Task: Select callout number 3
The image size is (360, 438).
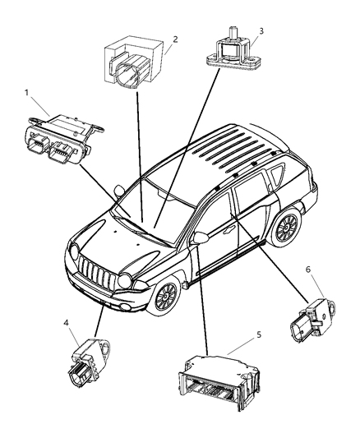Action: [x=261, y=30]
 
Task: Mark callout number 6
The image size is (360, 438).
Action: [x=308, y=291]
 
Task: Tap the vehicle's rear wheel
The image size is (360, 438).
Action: [x=287, y=228]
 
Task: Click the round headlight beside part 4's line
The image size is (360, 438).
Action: [x=125, y=282]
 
